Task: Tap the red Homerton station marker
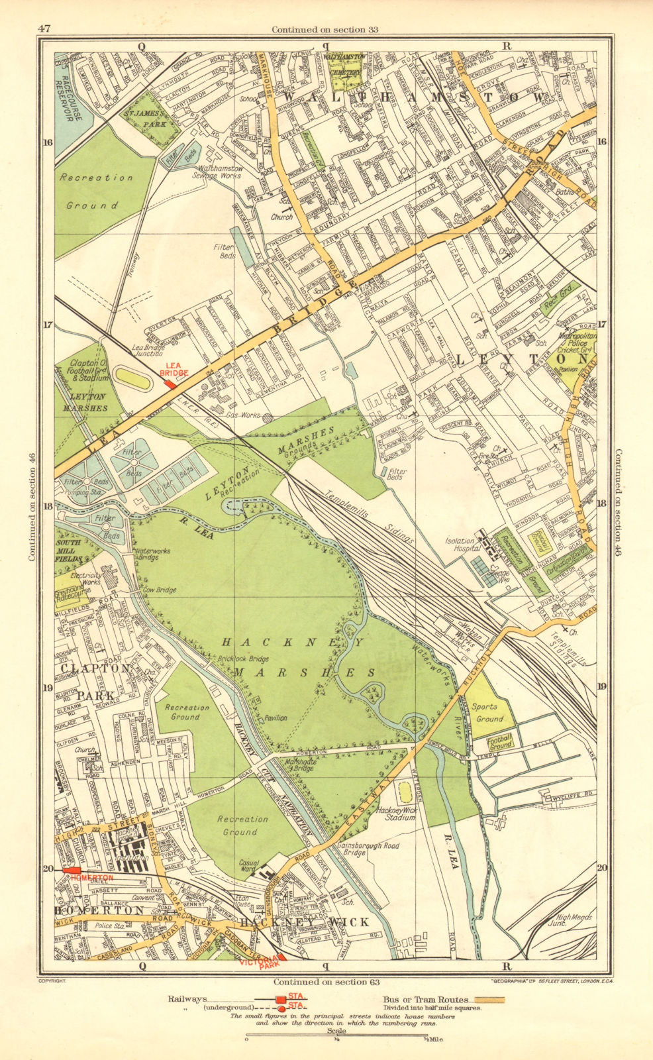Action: pyautogui.click(x=72, y=870)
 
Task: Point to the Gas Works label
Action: pyautogui.click(x=241, y=414)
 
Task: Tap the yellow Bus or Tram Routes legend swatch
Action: pyautogui.click(x=486, y=999)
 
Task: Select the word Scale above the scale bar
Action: pyautogui.click(x=336, y=1032)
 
